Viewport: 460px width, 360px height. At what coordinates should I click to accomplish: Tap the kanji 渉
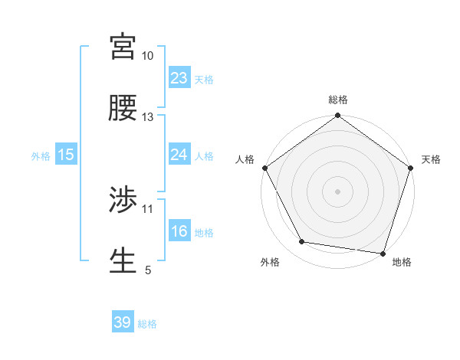(x=123, y=200)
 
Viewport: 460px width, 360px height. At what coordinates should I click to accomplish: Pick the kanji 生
(x=123, y=261)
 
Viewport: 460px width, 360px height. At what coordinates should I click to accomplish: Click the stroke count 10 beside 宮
(x=148, y=56)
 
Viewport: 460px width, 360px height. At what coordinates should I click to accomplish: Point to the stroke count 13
(x=148, y=117)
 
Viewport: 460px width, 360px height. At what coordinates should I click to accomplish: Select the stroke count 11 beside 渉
(x=148, y=208)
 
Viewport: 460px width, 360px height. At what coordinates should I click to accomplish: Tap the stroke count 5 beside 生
(x=148, y=270)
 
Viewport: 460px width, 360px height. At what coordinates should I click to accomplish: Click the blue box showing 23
(x=179, y=78)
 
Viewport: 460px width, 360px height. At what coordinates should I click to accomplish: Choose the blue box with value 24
(x=179, y=155)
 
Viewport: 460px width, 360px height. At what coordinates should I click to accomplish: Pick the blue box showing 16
(x=179, y=231)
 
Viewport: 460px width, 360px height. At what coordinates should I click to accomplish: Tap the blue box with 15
(x=66, y=155)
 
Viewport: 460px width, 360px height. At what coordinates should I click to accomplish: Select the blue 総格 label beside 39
(x=147, y=324)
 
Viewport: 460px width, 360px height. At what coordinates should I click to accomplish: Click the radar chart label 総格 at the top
(x=337, y=100)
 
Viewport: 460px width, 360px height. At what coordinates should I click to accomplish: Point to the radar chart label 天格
(x=432, y=159)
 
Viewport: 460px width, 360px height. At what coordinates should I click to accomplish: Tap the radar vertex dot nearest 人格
(x=264, y=168)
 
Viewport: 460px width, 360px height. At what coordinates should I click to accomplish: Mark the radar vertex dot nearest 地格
(x=383, y=253)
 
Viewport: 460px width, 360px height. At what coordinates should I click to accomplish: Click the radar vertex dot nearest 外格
(x=301, y=242)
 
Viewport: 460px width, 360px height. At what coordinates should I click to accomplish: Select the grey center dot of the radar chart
(x=337, y=191)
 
